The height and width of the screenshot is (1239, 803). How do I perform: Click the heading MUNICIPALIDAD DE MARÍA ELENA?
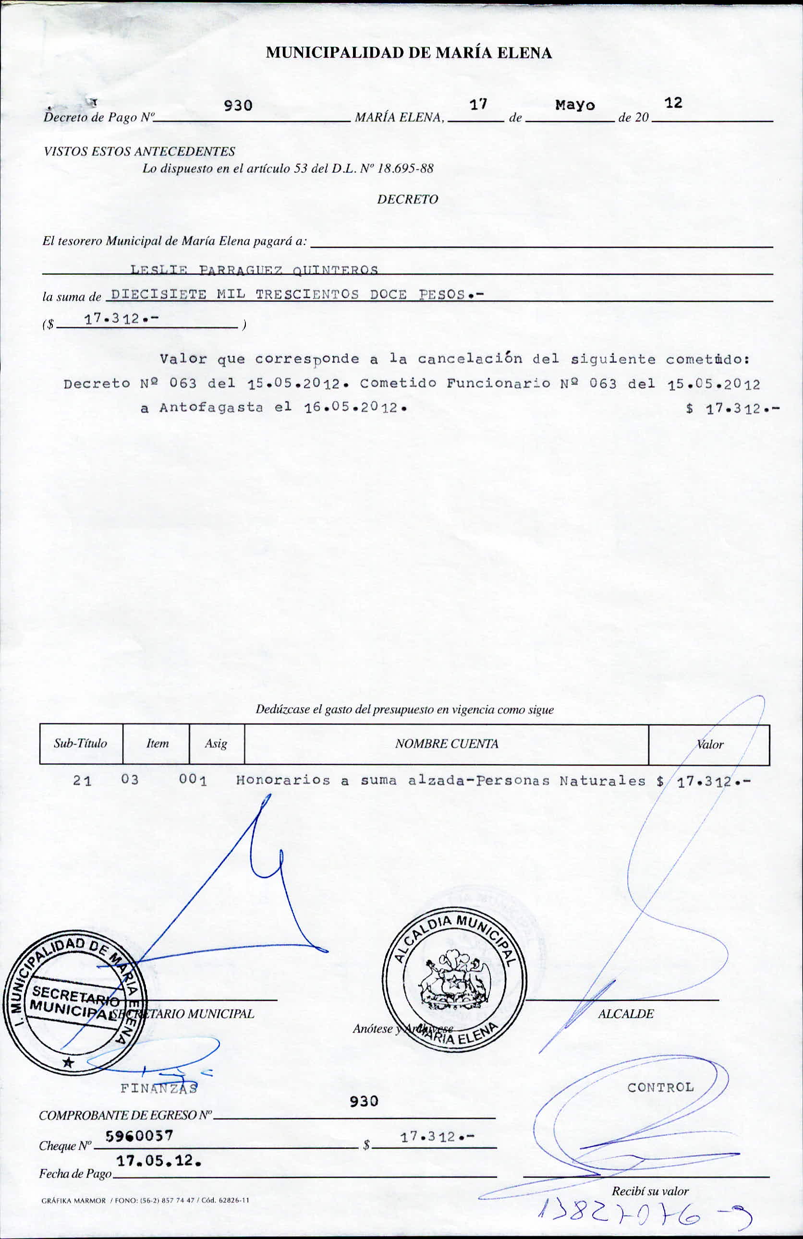coord(408,53)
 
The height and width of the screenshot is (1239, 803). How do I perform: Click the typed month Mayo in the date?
coord(574,105)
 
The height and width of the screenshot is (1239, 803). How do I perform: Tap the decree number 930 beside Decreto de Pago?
coord(238,106)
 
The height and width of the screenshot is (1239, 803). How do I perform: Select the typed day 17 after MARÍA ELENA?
coord(477,105)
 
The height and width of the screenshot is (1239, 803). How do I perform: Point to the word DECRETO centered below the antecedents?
coord(407,199)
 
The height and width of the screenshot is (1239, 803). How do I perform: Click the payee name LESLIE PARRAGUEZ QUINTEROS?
coord(254,270)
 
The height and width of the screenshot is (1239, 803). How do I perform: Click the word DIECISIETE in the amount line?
coord(159,294)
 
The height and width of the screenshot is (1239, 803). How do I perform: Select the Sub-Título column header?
coord(80,744)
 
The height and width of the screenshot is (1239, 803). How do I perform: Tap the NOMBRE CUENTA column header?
coord(446,744)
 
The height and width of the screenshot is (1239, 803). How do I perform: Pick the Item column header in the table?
coord(157,744)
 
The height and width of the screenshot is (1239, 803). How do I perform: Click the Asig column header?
coord(216,744)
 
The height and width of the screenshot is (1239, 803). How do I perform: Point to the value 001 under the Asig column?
coord(193,780)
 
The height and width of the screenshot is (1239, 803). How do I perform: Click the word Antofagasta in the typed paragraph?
coord(211,408)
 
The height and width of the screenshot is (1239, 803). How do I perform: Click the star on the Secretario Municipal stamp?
coord(68,1061)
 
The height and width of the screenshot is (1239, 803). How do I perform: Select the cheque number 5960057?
coord(139,1136)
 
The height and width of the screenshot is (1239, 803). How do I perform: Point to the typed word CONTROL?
coord(660,1087)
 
